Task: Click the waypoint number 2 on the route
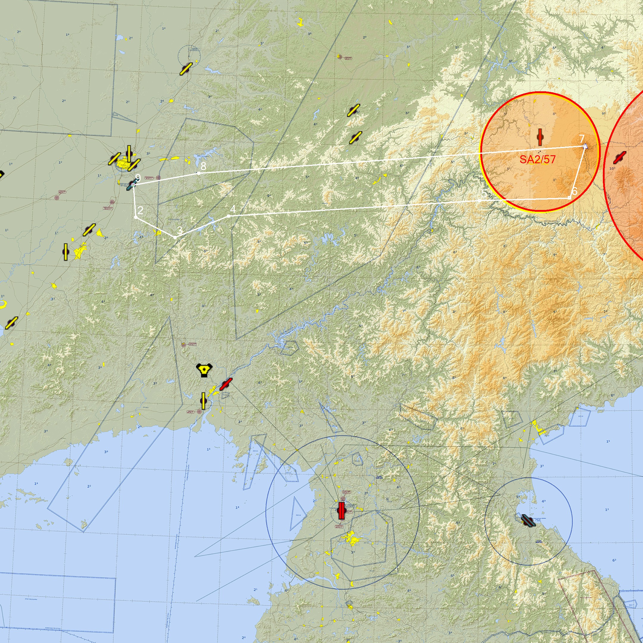(x=140, y=210)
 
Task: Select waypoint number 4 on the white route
(x=233, y=209)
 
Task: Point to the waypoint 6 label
(x=574, y=191)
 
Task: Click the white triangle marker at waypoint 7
(x=585, y=146)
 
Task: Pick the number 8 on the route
(x=203, y=166)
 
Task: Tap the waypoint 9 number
(x=138, y=178)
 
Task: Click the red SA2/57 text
(x=537, y=159)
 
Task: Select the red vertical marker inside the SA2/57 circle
(x=540, y=137)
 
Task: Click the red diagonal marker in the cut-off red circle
(x=620, y=157)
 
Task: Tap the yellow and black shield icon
(x=204, y=370)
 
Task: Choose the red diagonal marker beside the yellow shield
(x=226, y=384)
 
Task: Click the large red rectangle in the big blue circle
(x=341, y=511)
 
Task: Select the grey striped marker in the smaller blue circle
(x=528, y=520)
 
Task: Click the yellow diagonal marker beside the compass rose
(x=186, y=69)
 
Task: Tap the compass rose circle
(x=189, y=55)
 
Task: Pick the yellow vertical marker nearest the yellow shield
(x=203, y=401)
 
